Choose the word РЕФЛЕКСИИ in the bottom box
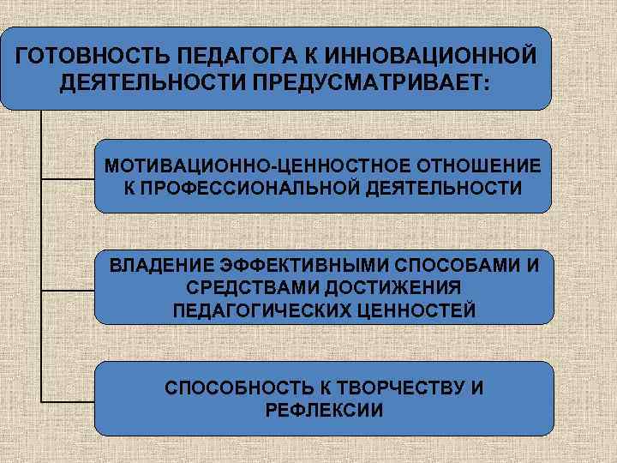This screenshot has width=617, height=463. click(324, 410)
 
